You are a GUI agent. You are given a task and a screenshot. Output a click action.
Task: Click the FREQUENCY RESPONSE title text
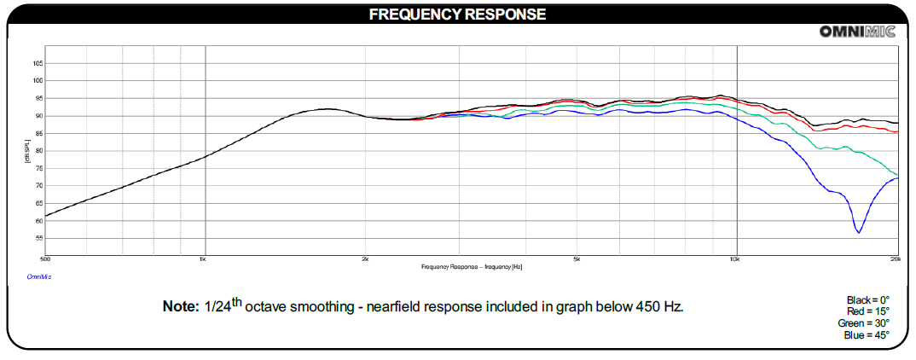coord(457,15)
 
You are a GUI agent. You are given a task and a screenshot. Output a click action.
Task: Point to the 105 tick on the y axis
coord(38,63)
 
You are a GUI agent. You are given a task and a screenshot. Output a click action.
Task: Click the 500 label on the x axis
coord(45,258)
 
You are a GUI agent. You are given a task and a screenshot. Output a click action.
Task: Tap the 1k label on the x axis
coord(203,258)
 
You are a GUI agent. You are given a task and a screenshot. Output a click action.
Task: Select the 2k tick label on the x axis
coord(365,258)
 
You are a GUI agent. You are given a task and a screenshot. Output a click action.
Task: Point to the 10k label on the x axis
coord(735,258)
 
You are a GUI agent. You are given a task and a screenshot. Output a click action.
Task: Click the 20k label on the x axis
coord(895,258)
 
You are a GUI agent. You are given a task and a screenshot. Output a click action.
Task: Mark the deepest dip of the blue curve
coord(859,232)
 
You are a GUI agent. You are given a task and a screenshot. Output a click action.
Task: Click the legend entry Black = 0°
coord(867,299)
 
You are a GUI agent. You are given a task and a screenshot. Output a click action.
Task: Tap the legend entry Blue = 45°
coord(867,335)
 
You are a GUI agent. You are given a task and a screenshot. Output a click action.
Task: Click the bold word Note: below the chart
coord(180,306)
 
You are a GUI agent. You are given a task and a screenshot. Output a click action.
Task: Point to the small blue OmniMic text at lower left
coord(39,276)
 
